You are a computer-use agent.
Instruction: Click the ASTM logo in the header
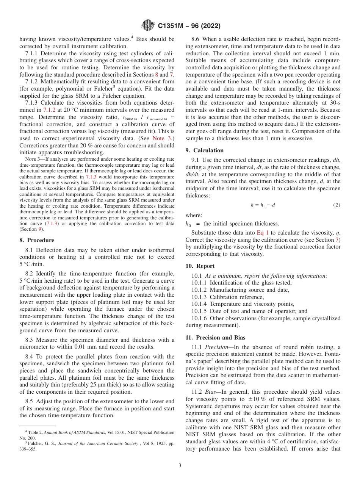pos(148,26)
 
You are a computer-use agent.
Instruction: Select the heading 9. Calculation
pos(205,150)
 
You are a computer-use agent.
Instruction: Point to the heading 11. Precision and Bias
pos(216,338)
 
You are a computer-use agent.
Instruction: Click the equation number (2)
pos(337,205)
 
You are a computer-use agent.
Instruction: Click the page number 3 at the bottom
pos(180,466)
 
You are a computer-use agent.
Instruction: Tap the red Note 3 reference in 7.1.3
pos(160,138)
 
